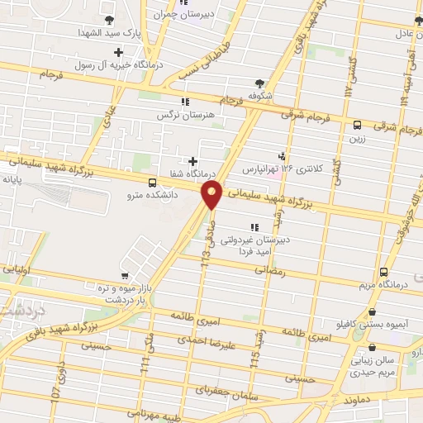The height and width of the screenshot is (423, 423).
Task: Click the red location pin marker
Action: (212, 195)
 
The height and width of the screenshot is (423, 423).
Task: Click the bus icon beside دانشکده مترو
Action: (151, 183)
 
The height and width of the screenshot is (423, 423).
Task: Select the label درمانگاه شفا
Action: (191, 174)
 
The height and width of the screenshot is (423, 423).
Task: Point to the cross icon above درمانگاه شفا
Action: (192, 161)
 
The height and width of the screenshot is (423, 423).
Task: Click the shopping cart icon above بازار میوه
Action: (124, 274)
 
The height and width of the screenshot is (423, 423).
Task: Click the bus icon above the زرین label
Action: (357, 126)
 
